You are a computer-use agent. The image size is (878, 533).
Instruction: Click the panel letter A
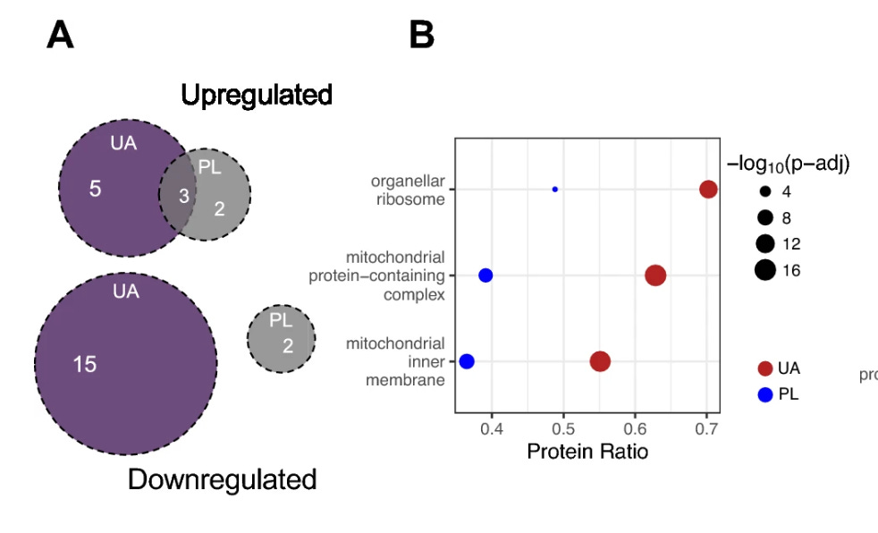(x=60, y=36)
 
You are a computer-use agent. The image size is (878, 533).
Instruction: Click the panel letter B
(x=421, y=36)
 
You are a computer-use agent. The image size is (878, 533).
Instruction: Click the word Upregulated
(x=257, y=95)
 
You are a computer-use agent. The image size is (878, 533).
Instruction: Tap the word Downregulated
(x=222, y=479)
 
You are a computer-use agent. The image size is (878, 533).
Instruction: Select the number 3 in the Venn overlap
(x=183, y=196)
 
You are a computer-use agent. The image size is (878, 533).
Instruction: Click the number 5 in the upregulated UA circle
(x=95, y=190)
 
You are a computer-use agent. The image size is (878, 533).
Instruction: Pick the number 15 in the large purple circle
(x=85, y=364)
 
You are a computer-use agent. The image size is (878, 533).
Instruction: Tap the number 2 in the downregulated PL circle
(x=287, y=345)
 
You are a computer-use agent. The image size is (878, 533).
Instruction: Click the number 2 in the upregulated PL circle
(x=218, y=208)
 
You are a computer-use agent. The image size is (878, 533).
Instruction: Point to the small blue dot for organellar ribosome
(x=555, y=190)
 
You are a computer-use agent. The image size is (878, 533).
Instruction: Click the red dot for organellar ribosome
(x=708, y=189)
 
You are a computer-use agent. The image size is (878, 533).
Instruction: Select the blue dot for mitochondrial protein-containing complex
(x=485, y=275)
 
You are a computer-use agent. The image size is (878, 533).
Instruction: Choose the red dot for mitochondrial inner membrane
(x=600, y=361)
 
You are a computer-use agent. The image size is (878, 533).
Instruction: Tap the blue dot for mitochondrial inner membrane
(x=467, y=361)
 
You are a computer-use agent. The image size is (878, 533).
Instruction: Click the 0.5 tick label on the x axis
(x=563, y=427)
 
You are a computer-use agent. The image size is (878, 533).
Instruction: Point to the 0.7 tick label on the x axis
(x=706, y=427)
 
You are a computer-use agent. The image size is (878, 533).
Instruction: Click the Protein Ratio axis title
(x=587, y=452)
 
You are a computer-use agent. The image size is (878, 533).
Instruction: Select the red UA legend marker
(x=764, y=368)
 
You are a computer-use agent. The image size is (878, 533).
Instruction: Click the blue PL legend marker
(x=764, y=393)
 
